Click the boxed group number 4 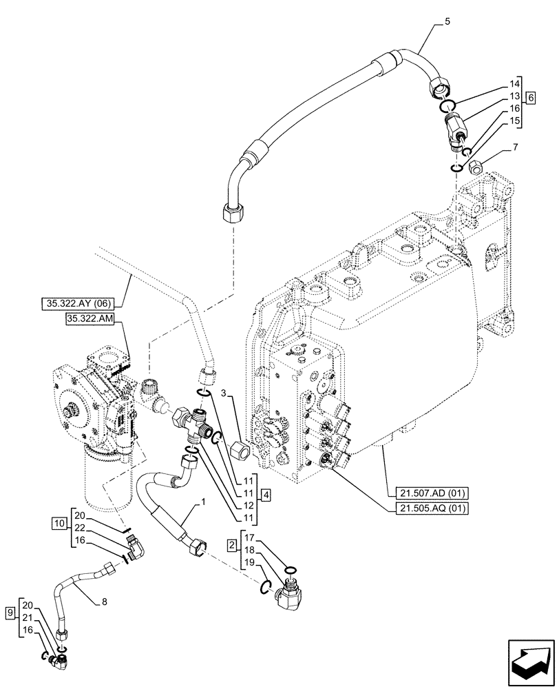point(266,495)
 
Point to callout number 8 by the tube point(104,601)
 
